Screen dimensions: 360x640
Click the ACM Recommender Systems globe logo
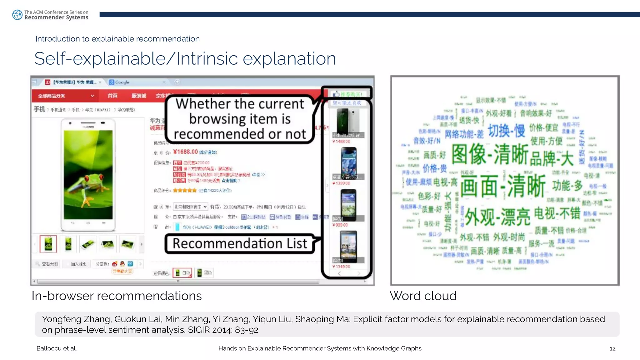(17, 15)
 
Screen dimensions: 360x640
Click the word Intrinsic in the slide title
(207, 59)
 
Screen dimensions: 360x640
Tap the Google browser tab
(122, 82)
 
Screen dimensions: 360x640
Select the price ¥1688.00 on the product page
(186, 152)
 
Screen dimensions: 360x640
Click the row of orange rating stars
(185, 190)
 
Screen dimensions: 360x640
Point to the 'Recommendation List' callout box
(240, 244)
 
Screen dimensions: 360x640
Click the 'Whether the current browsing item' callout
(240, 119)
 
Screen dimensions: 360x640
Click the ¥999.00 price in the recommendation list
(340, 225)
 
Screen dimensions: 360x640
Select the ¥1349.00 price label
(341, 267)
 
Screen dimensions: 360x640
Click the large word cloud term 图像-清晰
(490, 154)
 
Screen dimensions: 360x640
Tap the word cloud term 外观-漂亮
(497, 217)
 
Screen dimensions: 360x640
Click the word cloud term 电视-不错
(557, 213)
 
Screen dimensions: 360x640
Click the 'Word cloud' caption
(423, 296)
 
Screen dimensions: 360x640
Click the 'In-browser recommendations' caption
(117, 296)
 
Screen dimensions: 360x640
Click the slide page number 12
(612, 348)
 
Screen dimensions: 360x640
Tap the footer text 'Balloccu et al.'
(57, 348)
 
